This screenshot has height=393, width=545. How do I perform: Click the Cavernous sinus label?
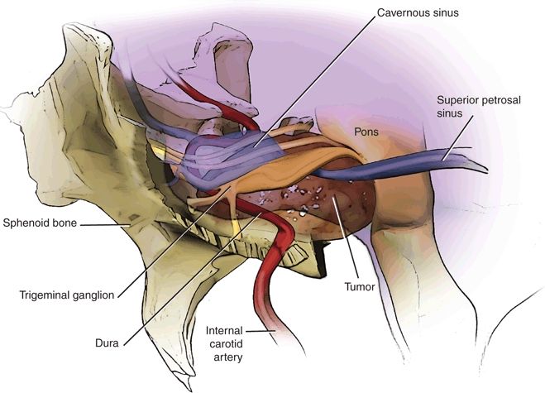coord(418,13)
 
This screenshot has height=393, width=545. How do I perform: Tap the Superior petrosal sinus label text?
coord(479,107)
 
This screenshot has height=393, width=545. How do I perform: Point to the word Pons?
coord(366,132)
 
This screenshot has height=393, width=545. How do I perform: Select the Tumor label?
coord(360,286)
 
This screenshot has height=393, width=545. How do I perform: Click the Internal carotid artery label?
coord(224,343)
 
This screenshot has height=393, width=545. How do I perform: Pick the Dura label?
coord(107,343)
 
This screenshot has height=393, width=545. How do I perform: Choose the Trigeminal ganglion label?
coord(67,295)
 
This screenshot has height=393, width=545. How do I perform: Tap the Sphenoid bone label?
coord(40,223)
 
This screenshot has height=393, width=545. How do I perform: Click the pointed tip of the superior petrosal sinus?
coord(487,171)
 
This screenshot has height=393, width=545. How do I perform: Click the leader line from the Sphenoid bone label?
coord(105,225)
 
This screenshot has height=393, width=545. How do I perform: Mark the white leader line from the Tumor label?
coord(345,237)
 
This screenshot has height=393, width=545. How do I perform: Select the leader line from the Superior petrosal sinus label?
coord(457,138)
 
